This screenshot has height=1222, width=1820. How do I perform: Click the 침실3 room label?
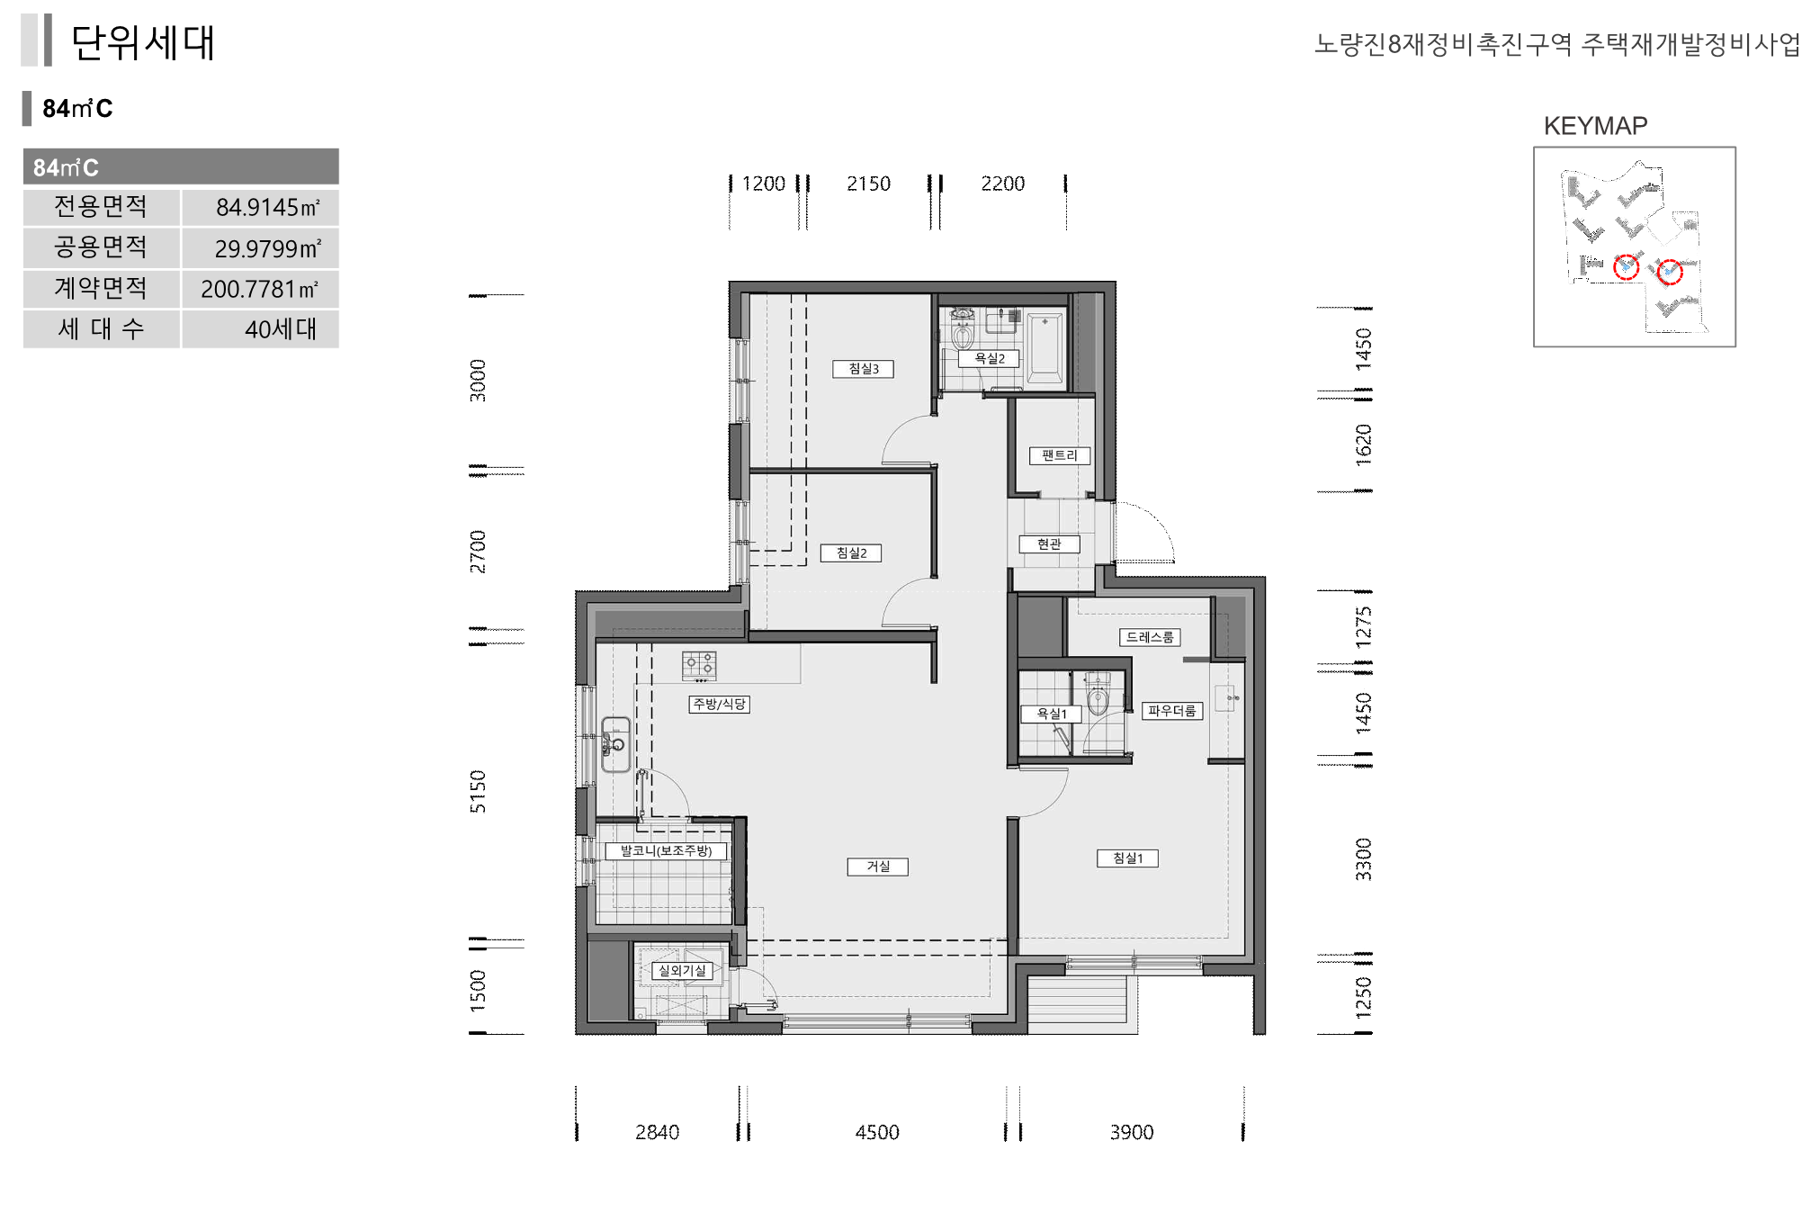pos(863,369)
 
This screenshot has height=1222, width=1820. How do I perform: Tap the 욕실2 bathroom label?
pos(989,358)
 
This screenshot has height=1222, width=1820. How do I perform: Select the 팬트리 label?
pos(1059,455)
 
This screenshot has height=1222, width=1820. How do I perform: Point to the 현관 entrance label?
pos(1049,544)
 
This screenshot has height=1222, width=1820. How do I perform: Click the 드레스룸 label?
pos(1150,637)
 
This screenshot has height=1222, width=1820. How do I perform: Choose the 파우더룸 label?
pos(1171,711)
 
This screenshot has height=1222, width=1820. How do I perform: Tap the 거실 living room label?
pos(877,867)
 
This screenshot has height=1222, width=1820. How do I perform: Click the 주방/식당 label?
pos(719,704)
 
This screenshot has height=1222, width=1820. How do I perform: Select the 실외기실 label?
pos(682,971)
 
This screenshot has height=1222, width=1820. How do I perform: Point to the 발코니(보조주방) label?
pos(666,850)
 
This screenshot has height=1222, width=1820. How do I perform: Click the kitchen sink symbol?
pos(615,743)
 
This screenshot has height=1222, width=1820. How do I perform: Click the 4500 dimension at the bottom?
pos(877,1132)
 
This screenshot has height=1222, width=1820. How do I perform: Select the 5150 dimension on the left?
pos(478,792)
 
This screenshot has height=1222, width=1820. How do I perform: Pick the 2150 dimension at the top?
pos(868,184)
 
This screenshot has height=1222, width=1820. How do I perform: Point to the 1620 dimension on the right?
pos(1364,445)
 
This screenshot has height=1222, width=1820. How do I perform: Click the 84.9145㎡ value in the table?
pos(268,208)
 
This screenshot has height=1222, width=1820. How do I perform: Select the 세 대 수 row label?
pos(101,329)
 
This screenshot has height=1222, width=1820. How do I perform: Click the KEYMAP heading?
pos(1595,126)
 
